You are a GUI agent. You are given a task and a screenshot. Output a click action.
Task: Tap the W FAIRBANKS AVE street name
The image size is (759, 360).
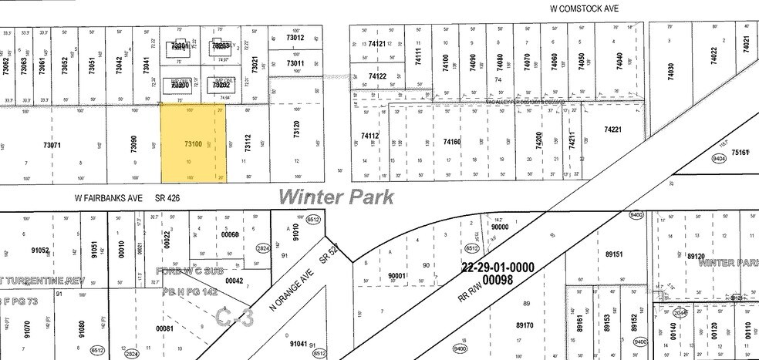[x=109, y=198]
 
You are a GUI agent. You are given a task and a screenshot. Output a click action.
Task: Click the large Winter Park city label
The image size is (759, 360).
[x=336, y=197]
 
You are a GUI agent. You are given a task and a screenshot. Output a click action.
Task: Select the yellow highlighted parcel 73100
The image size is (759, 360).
[x=194, y=144]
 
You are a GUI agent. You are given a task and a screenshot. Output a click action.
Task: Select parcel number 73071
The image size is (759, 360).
[x=52, y=144]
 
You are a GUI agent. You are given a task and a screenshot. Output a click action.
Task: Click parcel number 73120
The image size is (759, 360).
[x=297, y=130]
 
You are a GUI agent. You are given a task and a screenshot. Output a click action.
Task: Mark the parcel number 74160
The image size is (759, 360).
[x=452, y=142]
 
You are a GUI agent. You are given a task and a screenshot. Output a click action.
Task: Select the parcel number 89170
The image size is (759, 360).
[x=526, y=325]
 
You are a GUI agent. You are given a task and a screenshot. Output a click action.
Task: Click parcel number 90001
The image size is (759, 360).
[x=397, y=275]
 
